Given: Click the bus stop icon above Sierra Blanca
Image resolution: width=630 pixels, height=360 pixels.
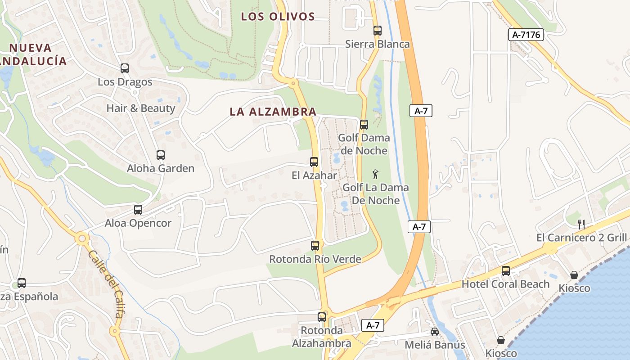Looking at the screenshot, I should coord(377,31).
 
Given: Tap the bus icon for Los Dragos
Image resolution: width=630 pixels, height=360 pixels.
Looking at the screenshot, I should coord(125,68).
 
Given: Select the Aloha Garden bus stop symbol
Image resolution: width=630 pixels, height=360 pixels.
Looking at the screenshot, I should coord(161,155).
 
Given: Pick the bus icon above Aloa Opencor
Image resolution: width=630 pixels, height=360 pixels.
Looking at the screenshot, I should coord(138,210).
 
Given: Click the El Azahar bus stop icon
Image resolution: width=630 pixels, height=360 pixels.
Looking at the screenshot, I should coord(314,162).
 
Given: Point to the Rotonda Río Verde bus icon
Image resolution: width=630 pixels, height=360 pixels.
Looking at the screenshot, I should coord(315,246).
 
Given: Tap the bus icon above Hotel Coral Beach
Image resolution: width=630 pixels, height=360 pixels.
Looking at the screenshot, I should coord(506,271).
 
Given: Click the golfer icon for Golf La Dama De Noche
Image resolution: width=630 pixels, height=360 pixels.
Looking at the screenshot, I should coord(375,174).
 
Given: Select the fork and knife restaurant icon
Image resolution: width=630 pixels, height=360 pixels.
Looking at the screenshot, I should coord(581,223).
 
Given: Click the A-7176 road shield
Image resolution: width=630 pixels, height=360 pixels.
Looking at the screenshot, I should coord(526,35).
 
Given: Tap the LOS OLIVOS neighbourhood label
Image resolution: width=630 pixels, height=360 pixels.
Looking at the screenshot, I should coord(278,17).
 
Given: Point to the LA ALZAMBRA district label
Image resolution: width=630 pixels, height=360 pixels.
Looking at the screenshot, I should coord(273,112).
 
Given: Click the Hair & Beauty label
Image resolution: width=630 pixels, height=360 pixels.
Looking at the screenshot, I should coord(141,108).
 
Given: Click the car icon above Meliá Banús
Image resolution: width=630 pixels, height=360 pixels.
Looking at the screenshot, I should coord(435,332).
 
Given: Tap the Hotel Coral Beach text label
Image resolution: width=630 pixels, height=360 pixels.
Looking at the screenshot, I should coord(506,284).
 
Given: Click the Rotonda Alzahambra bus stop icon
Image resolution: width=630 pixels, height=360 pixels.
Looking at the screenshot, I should coord(322,317).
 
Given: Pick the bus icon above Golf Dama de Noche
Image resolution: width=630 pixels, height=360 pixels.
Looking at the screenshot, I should coord(364,124).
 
